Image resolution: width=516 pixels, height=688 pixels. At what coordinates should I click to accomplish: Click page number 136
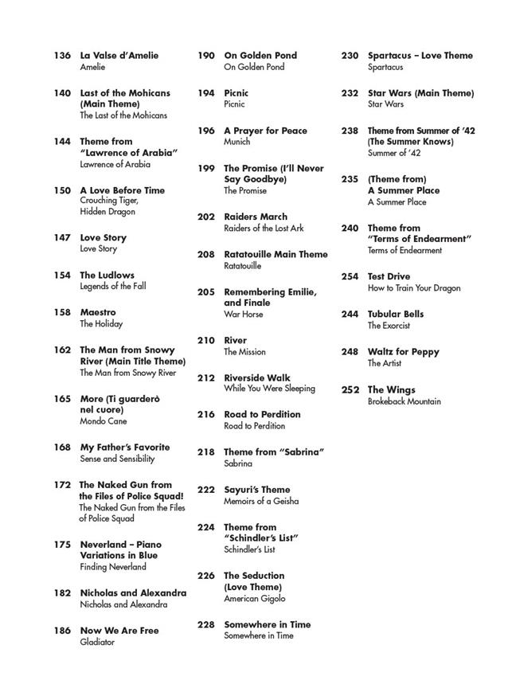pyautogui.click(x=62, y=56)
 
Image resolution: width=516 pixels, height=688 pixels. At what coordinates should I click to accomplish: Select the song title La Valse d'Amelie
pyautogui.click(x=119, y=56)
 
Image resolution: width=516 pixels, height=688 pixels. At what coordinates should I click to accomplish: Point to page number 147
pyautogui.click(x=62, y=237)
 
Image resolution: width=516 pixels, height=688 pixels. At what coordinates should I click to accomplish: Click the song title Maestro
pyautogui.click(x=98, y=312)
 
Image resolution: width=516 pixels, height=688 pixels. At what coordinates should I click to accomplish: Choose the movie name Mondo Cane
pyautogui.click(x=104, y=421)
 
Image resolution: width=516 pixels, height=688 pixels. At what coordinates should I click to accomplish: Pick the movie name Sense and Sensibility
pyautogui.click(x=117, y=459)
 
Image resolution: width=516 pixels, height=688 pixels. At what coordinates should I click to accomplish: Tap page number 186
pyautogui.click(x=62, y=631)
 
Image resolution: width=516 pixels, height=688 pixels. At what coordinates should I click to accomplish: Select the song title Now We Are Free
pyautogui.click(x=119, y=631)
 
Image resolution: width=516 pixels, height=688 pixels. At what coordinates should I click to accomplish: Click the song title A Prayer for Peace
pyautogui.click(x=265, y=131)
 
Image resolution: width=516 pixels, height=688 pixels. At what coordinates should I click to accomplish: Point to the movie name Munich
pyautogui.click(x=237, y=142)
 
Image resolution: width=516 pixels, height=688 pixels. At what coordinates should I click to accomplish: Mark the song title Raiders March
pyautogui.click(x=256, y=217)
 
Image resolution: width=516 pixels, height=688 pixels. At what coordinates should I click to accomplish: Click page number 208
pyautogui.click(x=206, y=255)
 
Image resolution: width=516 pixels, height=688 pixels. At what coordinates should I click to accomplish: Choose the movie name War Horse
pyautogui.click(x=244, y=315)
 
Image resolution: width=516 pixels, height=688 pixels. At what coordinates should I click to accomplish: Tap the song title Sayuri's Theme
pyautogui.click(x=257, y=490)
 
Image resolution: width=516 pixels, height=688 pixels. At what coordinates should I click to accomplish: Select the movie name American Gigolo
pyautogui.click(x=254, y=599)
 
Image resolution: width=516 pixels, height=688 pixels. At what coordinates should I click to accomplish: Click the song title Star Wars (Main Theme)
pyautogui.click(x=420, y=93)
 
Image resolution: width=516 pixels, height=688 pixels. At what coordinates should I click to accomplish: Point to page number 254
pyautogui.click(x=350, y=277)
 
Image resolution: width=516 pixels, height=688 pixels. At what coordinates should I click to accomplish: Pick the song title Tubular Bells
pyautogui.click(x=396, y=315)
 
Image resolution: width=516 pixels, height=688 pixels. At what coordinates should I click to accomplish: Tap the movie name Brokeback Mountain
pyautogui.click(x=404, y=401)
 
